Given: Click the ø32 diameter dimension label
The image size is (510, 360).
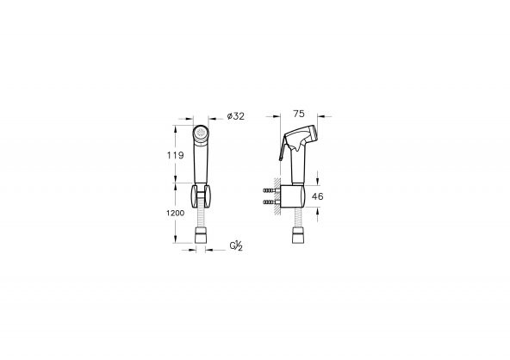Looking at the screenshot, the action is (x=236, y=116).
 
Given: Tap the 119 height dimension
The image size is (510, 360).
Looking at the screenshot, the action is (x=176, y=155).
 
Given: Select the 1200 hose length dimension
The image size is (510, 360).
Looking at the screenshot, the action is (x=176, y=213).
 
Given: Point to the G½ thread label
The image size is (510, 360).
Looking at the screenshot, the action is (x=236, y=245).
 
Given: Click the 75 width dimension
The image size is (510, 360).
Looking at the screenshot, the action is (x=299, y=114).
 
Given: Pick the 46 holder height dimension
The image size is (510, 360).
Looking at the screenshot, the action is (x=317, y=196).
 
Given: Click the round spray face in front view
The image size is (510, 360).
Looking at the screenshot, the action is (x=201, y=133).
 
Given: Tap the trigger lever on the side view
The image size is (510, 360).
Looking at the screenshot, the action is (x=283, y=148).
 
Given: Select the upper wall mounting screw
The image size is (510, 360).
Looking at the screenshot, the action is (x=270, y=190).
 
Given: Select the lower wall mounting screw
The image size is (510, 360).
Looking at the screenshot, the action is (x=270, y=202).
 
